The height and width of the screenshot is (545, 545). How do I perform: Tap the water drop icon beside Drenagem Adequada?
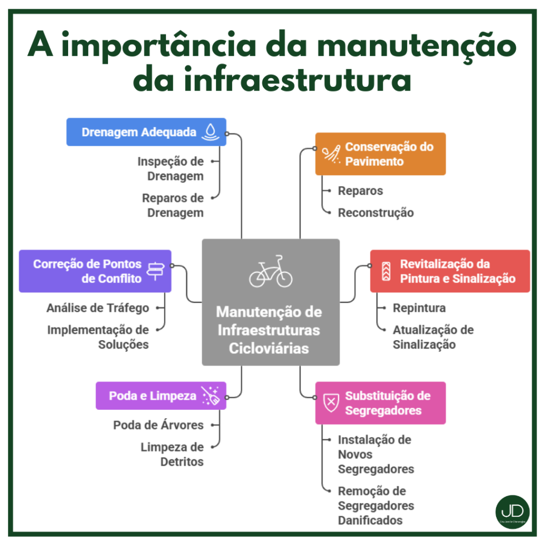click(x=211, y=131)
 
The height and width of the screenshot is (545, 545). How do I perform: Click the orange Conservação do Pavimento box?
click(x=380, y=154)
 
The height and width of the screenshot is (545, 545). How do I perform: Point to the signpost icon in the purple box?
click(x=155, y=271)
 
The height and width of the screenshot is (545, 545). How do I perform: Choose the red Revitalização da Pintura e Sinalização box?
click(x=450, y=271)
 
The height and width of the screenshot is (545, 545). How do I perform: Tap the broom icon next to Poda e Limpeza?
click(x=210, y=396)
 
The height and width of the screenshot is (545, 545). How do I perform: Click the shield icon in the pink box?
click(x=331, y=403)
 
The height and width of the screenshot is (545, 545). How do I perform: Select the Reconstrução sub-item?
click(x=376, y=212)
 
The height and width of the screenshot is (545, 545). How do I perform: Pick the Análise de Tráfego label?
click(x=98, y=308)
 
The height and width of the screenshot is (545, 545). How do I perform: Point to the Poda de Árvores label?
click(x=158, y=425)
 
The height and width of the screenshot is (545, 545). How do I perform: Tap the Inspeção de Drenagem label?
click(x=170, y=168)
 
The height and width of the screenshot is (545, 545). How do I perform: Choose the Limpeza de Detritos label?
click(x=172, y=454)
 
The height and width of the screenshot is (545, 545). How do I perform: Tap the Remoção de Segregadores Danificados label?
click(x=376, y=505)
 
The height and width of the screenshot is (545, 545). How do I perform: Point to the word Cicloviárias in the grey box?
click(x=269, y=348)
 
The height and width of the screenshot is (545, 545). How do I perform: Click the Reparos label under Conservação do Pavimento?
click(x=360, y=191)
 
